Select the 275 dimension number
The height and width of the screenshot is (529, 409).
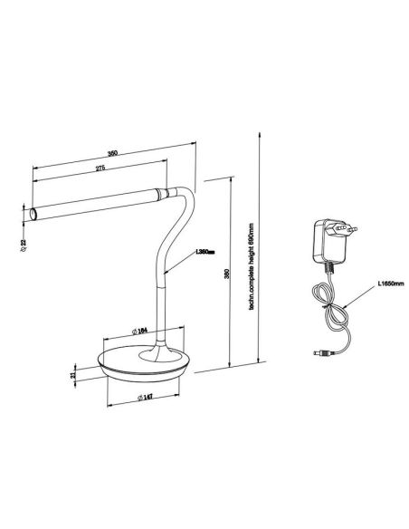[97, 170]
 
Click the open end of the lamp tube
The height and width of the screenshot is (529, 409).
[33, 215]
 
